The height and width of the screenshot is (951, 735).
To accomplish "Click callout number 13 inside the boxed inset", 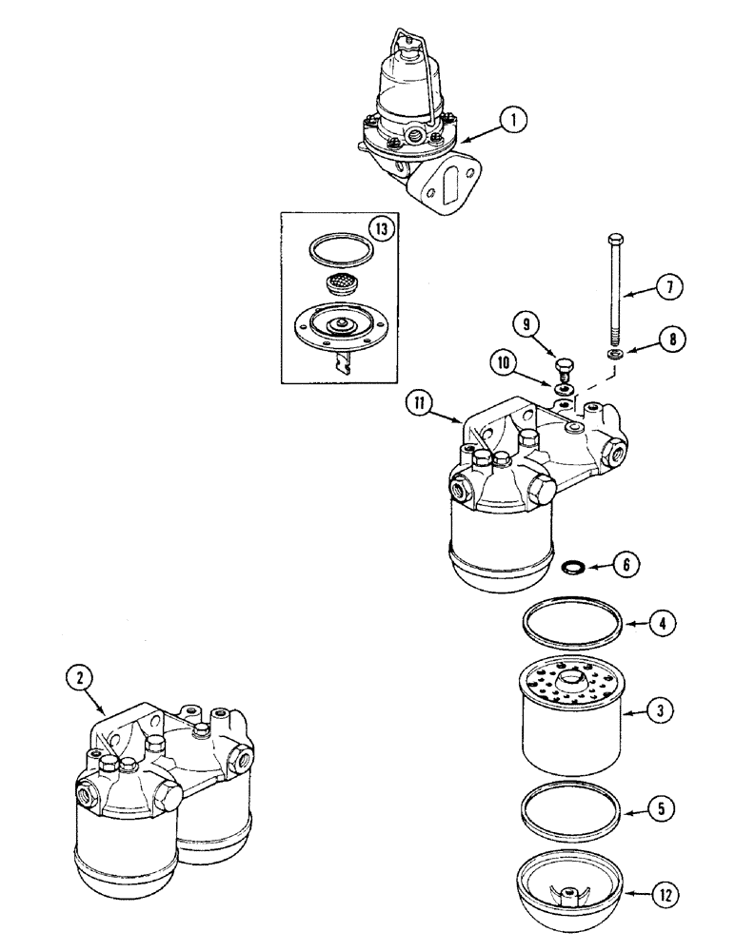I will coord(380,230).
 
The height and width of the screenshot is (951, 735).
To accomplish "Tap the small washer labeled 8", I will coord(615,355).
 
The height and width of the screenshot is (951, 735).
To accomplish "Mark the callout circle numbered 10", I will coord(506,362).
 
